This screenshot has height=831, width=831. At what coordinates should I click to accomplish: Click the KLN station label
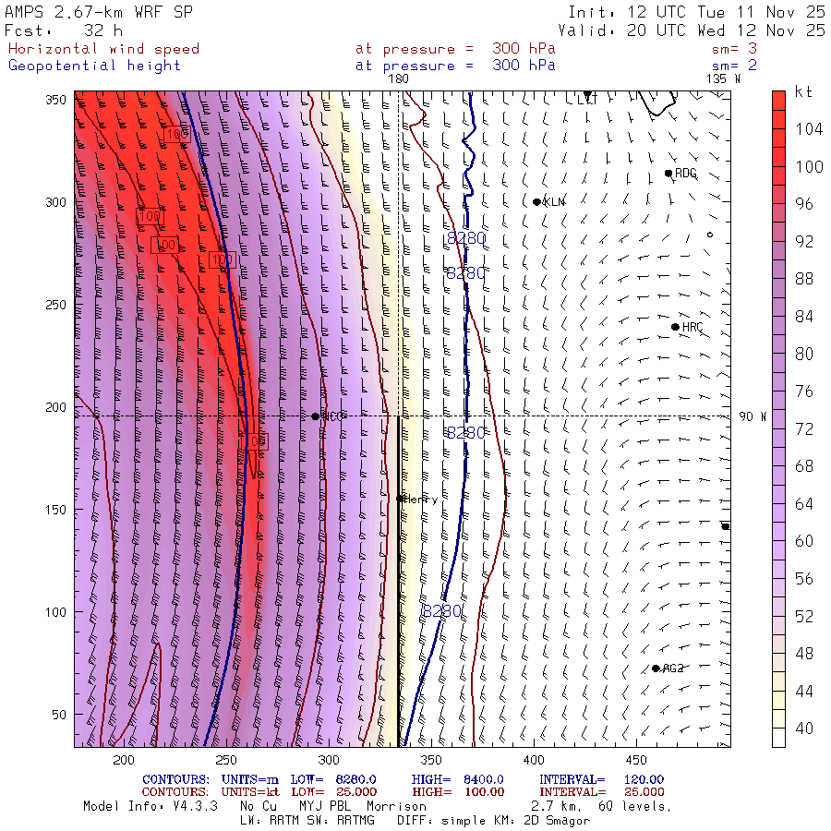click(554, 201)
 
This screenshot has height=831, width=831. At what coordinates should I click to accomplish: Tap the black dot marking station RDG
click(668, 173)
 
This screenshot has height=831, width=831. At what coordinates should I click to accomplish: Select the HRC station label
click(692, 327)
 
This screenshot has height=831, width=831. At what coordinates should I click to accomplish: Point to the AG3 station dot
click(656, 668)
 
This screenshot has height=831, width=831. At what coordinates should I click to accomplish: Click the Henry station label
click(421, 499)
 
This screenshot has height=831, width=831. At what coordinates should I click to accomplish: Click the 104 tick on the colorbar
click(809, 129)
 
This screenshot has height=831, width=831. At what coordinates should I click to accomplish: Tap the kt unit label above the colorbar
click(803, 92)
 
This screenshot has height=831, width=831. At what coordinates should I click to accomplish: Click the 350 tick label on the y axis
click(60, 99)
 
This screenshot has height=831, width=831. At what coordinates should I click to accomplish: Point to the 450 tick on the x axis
click(634, 759)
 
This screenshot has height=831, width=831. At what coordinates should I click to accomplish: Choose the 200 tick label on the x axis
click(123, 759)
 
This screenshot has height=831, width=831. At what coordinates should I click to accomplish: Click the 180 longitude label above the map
click(398, 79)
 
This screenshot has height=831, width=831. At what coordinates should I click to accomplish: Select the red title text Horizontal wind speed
click(103, 49)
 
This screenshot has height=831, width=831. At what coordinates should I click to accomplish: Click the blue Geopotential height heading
click(95, 66)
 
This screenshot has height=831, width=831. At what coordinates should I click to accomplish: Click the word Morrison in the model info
click(396, 806)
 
